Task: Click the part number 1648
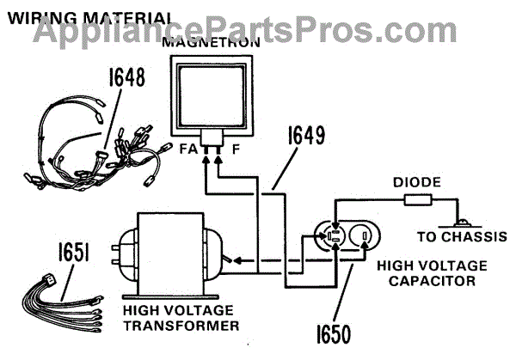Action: tap(127, 77)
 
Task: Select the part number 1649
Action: tap(306, 135)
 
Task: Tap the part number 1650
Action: tap(334, 334)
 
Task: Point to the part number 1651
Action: tap(74, 252)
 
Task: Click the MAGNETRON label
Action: tap(212, 43)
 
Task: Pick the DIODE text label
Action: tap(417, 182)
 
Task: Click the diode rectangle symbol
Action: tap(418, 200)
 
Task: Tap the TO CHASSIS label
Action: tap(462, 237)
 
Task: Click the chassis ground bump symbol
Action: tap(463, 223)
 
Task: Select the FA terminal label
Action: tap(188, 149)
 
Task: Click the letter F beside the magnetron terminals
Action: tap(236, 149)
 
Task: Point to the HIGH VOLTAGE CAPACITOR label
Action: tap(432, 273)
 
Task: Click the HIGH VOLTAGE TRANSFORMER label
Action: tap(181, 318)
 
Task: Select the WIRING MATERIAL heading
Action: tap(89, 18)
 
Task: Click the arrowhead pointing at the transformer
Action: tap(237, 261)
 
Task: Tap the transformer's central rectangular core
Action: tap(171, 253)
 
